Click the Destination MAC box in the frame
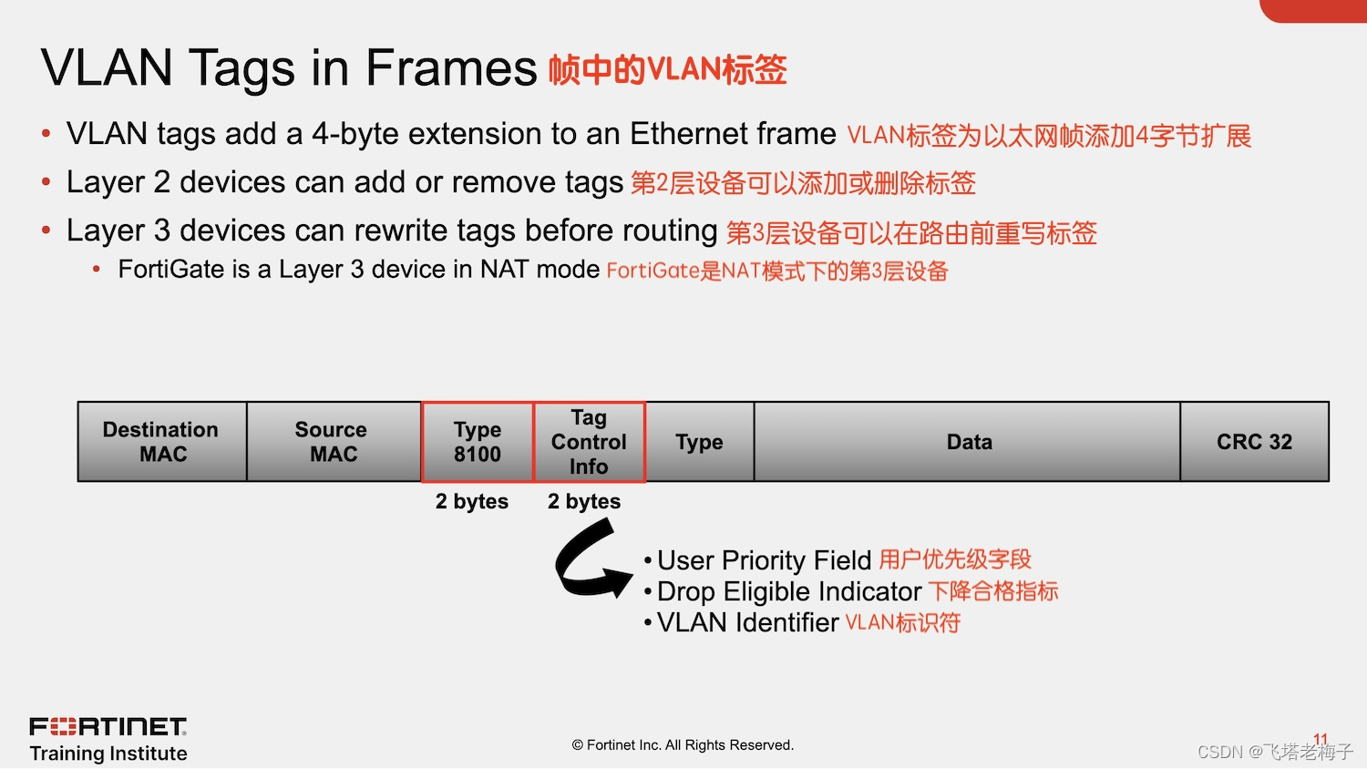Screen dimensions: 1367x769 coord(162,441)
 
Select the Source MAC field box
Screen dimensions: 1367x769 coord(334,441)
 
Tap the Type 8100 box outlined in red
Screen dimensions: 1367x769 coord(478,441)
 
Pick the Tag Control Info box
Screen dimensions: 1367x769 coord(589,441)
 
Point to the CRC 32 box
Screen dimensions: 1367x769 coord(1255,441)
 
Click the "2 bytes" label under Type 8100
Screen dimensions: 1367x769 coord(472,501)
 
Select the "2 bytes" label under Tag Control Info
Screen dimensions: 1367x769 coord(584,501)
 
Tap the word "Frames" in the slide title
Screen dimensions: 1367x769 coord(451,67)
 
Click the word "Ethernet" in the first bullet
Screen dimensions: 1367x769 coord(688,133)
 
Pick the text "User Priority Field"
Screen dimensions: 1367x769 coord(764,560)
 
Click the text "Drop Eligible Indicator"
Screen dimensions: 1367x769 coord(789,591)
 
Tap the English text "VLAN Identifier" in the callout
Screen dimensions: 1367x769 coord(747,622)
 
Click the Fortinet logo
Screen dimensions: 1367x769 coord(108,726)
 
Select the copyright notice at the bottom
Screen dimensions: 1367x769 coord(683,744)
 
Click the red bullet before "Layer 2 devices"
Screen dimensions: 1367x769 coord(46,181)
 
